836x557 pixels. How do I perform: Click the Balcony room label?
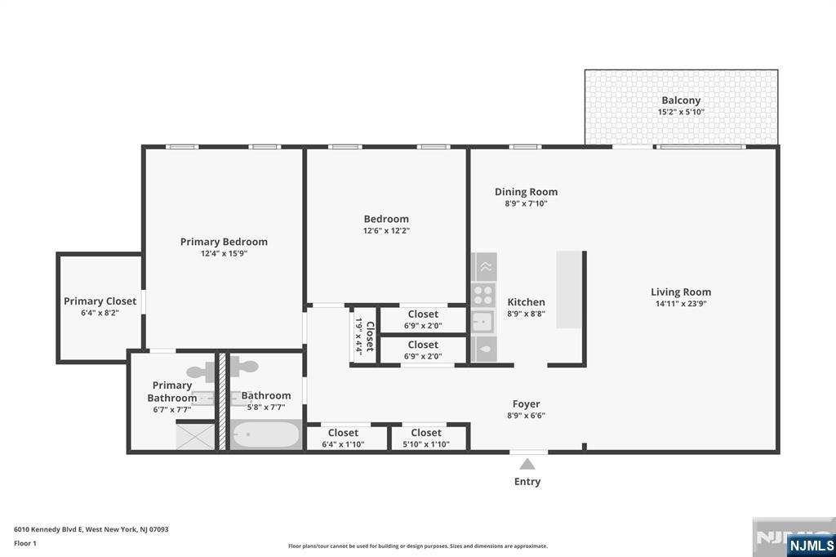[x=681, y=100]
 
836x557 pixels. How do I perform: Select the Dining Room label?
[x=526, y=192]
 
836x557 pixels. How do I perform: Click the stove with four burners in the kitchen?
[x=483, y=294]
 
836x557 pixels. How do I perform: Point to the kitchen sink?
[x=482, y=321]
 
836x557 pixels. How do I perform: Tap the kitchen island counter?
[x=569, y=289]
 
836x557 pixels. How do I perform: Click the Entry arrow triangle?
[x=527, y=464]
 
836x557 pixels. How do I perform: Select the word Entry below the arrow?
[x=527, y=482]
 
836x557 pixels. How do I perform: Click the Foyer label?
[x=527, y=403]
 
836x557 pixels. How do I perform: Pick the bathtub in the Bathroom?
[x=265, y=434]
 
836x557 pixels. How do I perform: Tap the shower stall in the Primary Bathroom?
[x=196, y=435]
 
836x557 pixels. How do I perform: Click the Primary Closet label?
[x=100, y=301]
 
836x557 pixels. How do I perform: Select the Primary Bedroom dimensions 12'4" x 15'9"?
[x=224, y=254]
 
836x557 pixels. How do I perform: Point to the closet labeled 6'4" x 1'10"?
[x=343, y=439]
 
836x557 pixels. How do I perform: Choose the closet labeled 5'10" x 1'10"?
[x=426, y=439]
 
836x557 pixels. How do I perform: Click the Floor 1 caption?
[x=25, y=543]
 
